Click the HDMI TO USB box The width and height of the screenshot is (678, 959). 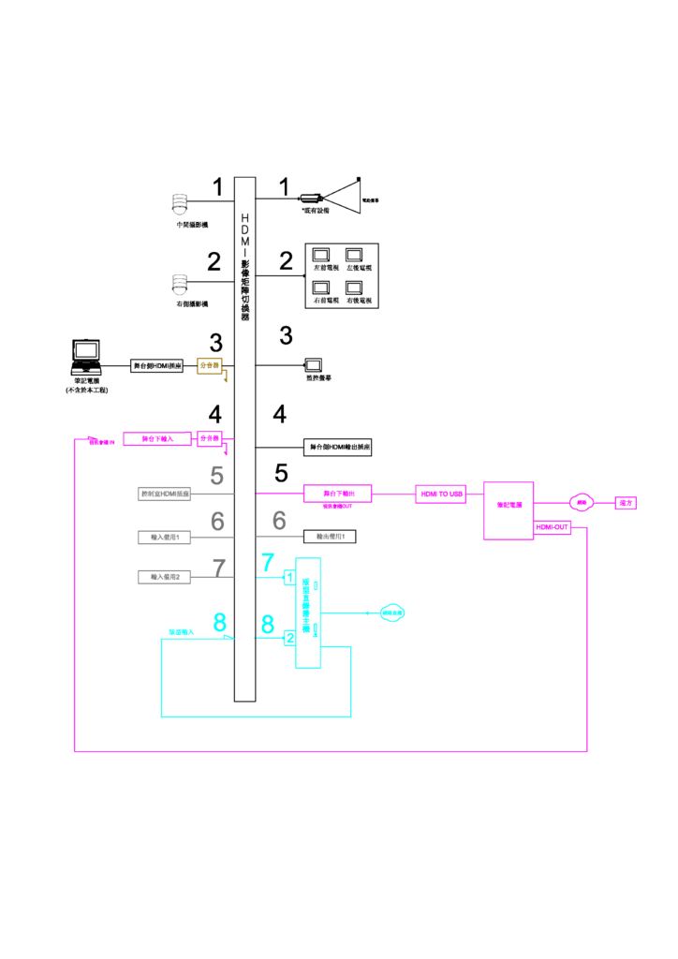point(441,495)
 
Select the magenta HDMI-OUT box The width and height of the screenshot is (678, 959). point(553,528)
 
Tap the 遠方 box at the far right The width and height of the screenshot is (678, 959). point(626,503)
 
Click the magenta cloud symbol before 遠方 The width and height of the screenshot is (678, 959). point(582,502)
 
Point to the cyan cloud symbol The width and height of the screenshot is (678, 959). point(392,613)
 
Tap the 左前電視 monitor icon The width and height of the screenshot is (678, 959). point(321,256)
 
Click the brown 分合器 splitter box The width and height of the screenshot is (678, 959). point(210,365)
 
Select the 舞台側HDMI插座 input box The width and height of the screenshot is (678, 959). point(157,365)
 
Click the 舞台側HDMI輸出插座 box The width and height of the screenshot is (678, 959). point(338,448)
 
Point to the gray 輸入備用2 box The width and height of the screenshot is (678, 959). point(164,577)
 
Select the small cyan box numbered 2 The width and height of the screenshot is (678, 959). point(289,637)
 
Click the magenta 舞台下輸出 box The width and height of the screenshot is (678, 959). point(338,493)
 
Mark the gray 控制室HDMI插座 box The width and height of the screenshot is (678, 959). point(164,494)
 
